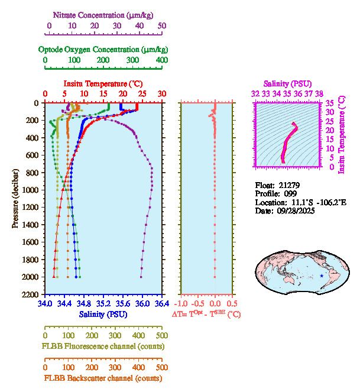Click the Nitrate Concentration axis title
(104, 14)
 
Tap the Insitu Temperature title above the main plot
(103, 83)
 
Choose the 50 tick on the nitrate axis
(162, 26)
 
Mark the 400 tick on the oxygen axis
(161, 60)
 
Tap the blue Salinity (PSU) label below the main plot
(103, 315)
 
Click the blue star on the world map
(322, 276)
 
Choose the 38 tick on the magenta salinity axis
(319, 93)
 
